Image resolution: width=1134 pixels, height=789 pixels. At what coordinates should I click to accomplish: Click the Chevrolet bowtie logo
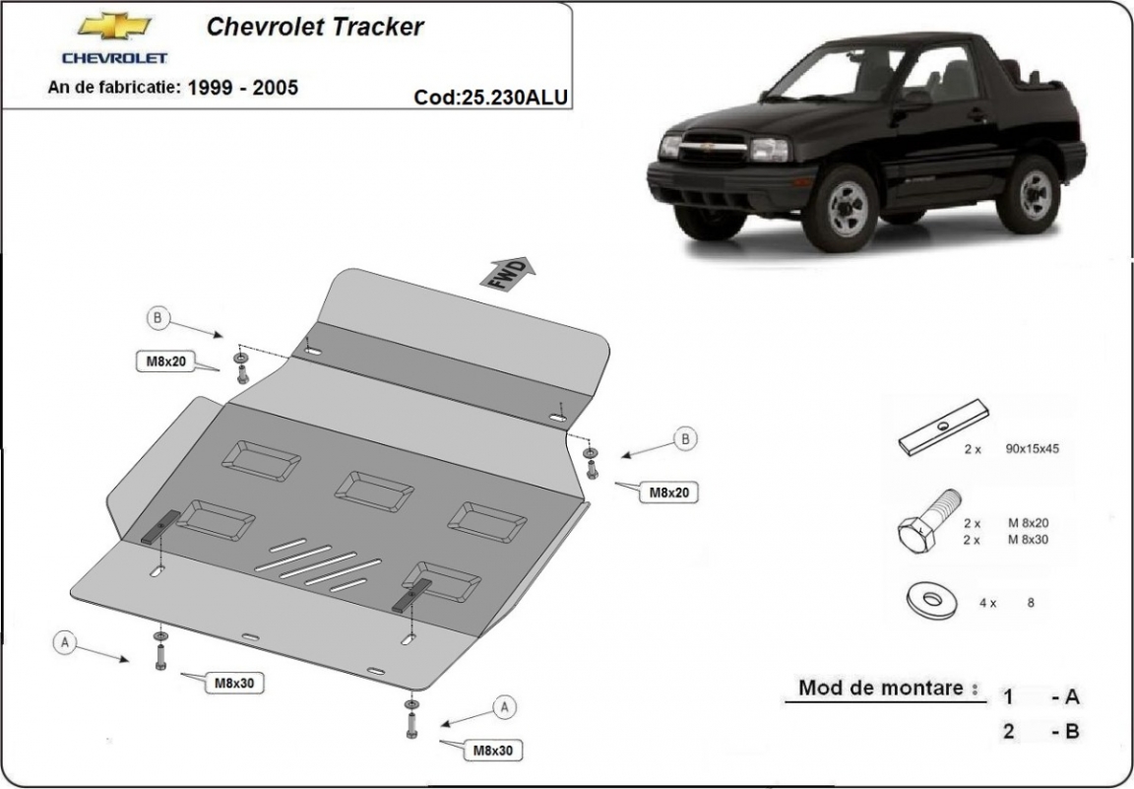tap(101, 26)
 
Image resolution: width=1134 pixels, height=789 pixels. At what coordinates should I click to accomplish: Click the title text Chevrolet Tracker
tap(315, 27)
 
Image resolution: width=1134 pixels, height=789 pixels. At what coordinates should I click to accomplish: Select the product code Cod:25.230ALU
tap(491, 97)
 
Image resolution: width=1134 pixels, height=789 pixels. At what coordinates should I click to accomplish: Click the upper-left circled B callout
tap(158, 317)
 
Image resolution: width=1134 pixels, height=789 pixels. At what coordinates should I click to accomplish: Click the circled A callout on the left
tap(65, 642)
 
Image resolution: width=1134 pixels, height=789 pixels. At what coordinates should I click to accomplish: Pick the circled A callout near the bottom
tap(504, 706)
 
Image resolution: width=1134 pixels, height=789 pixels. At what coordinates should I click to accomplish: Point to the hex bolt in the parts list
tap(925, 523)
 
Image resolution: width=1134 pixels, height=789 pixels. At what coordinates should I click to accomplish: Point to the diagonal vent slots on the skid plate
tap(318, 566)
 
